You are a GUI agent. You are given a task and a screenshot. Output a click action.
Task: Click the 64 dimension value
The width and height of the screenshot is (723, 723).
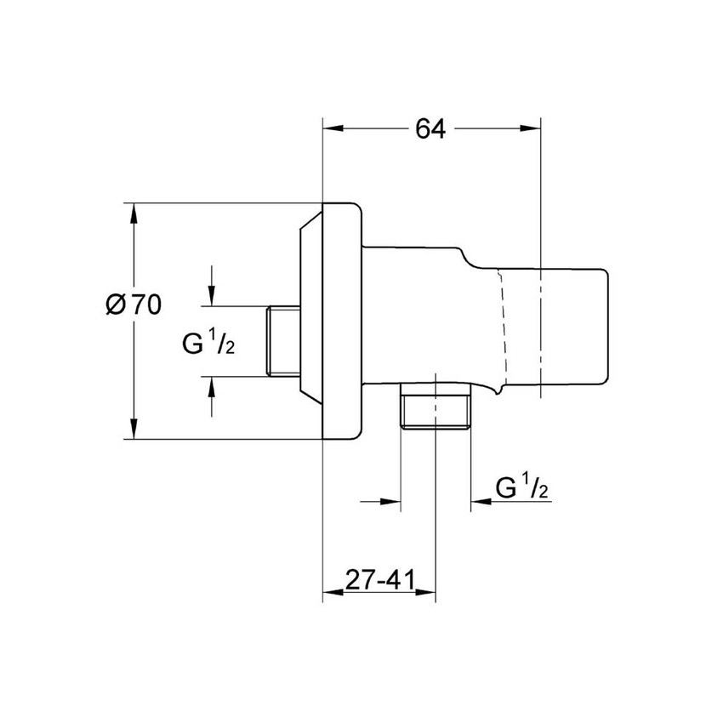[x=430, y=129]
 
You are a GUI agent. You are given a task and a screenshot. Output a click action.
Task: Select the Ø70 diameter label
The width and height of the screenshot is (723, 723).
[x=134, y=305]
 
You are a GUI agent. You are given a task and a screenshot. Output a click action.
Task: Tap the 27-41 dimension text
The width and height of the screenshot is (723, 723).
[x=379, y=580]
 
